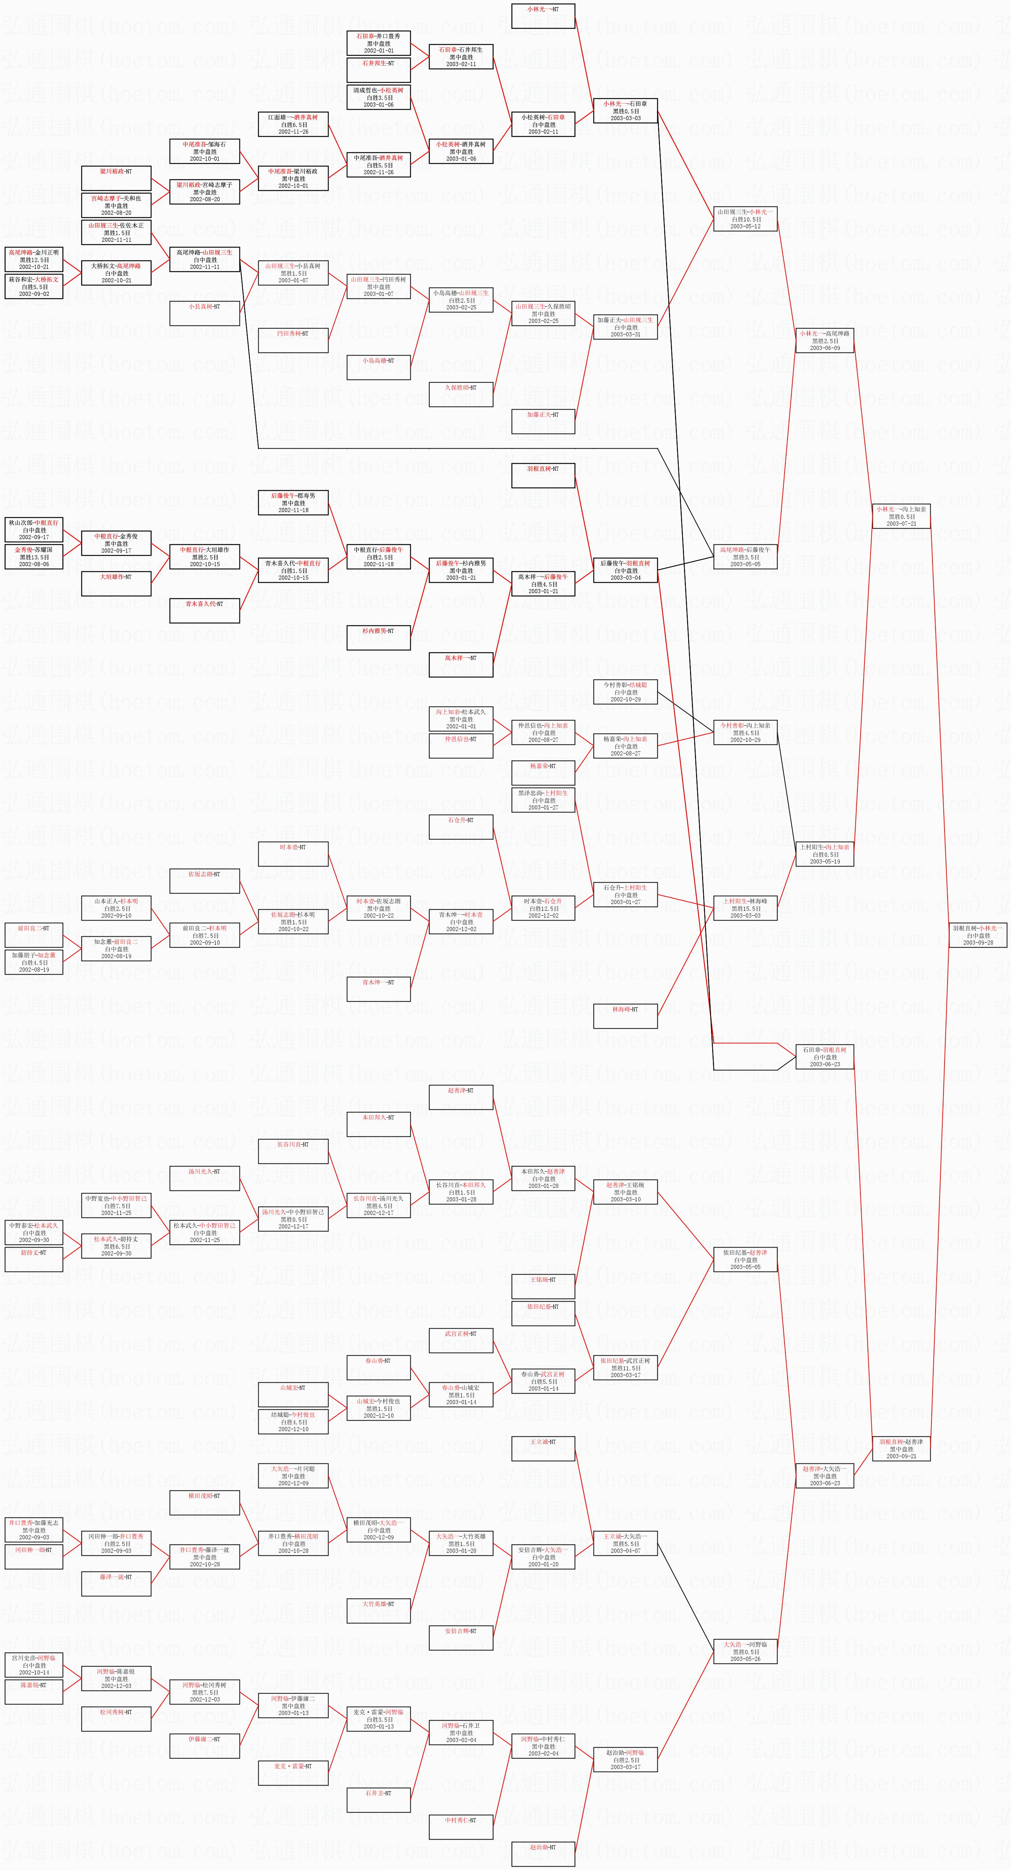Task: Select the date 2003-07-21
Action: click(x=901, y=523)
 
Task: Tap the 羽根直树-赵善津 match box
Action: click(x=901, y=1449)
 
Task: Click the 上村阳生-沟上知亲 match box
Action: click(x=824, y=854)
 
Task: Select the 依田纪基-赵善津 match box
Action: click(x=745, y=1260)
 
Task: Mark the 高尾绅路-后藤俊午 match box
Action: click(x=745, y=557)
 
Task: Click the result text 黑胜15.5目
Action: click(x=745, y=908)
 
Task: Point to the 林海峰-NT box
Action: click(x=625, y=1016)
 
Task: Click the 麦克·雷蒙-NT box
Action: click(x=293, y=1773)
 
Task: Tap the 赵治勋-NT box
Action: click(x=543, y=1853)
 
